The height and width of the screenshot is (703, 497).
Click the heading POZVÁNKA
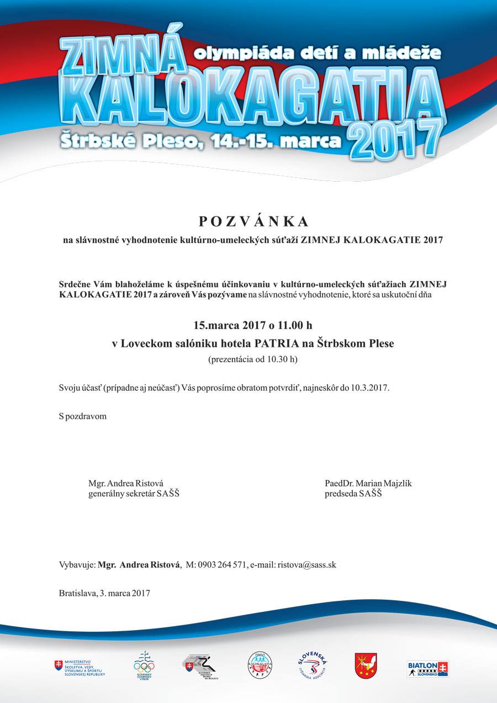point(253,221)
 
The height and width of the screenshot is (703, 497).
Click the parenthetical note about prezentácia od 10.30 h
point(252,360)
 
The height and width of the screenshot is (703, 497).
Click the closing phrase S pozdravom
point(82,416)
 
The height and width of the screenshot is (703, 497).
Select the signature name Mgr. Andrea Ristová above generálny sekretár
point(126,483)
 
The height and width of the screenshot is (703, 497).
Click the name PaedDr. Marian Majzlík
point(368,483)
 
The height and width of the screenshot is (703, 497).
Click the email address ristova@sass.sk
point(307,564)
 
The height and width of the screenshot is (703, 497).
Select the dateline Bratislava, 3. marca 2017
point(104,593)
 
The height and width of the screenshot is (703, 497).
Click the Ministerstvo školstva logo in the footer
point(80,667)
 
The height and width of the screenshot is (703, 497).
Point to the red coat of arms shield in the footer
point(366,665)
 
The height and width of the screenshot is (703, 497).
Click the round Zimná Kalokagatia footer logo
point(260,665)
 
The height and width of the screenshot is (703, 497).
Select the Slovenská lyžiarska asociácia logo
point(313,665)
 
